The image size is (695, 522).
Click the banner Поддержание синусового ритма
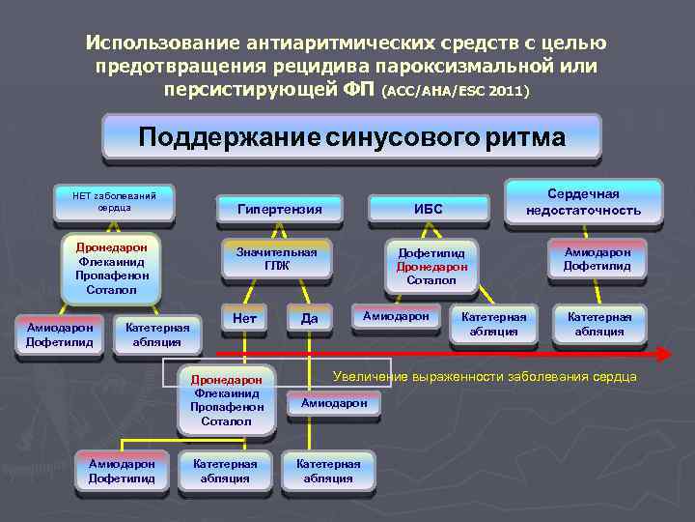pos(351,136)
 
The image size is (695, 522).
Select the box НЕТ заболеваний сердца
pos(115,202)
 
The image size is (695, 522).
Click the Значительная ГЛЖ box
pos(277,258)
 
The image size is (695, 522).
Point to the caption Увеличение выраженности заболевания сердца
pos(485,376)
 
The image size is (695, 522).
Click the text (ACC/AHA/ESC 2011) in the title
pos(456,92)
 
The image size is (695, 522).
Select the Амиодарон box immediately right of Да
pos(395,317)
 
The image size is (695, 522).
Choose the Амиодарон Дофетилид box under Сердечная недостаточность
pos(597,259)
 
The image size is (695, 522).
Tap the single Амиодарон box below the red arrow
pos(334,402)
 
